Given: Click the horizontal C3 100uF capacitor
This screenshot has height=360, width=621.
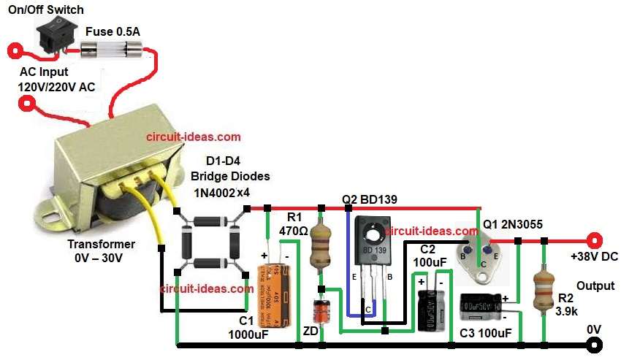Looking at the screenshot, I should tap(483, 308).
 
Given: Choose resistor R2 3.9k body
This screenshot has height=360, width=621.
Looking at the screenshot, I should tap(542, 286).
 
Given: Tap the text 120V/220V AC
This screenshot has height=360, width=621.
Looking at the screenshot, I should tap(56, 86).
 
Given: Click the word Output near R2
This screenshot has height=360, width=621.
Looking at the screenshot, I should tap(595, 286).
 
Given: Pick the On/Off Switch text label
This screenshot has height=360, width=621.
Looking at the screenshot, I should tap(46, 9).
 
